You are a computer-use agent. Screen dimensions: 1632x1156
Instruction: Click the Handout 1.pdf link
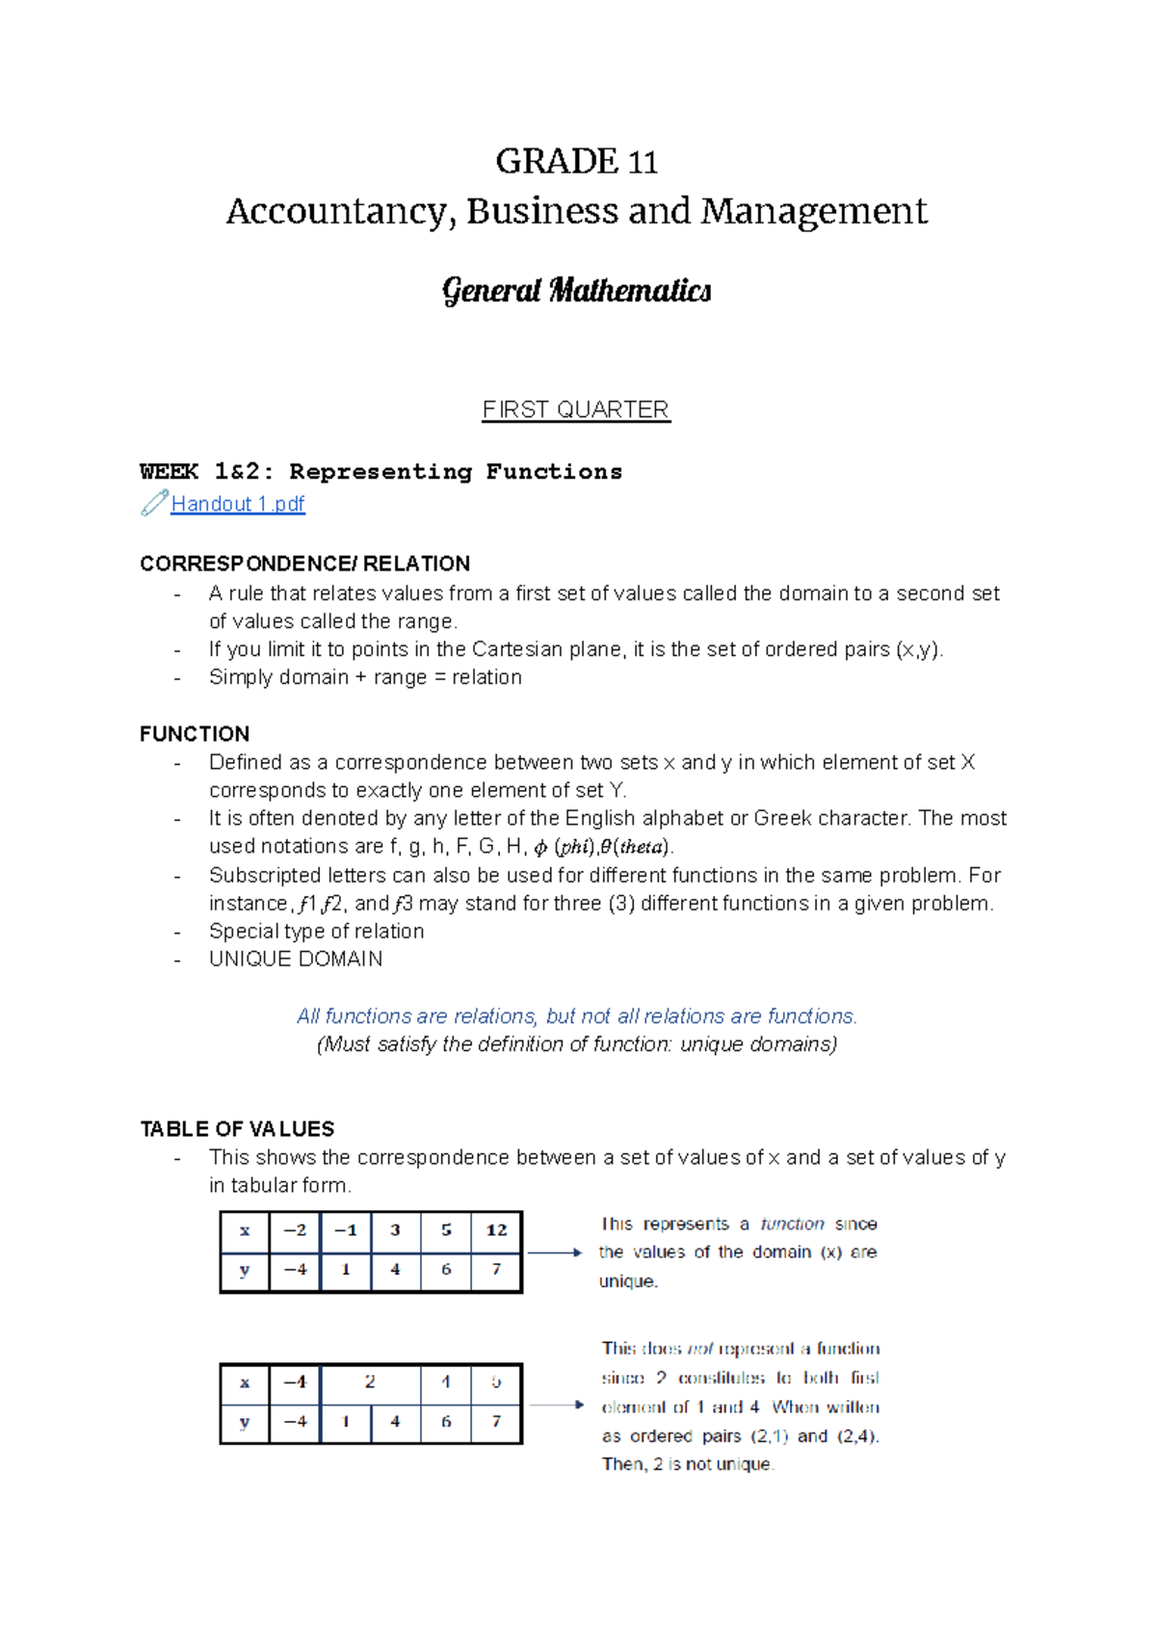[237, 504]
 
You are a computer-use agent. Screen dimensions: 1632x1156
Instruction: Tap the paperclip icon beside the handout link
[154, 503]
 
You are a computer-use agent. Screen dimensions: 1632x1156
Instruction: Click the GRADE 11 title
[576, 161]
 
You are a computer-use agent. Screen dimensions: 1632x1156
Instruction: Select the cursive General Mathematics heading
[576, 290]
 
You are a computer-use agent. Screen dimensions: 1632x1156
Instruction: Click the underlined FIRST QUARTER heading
[576, 409]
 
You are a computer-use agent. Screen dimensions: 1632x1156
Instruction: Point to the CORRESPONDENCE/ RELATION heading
[304, 564]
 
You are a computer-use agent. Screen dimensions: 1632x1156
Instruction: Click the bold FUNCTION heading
[195, 734]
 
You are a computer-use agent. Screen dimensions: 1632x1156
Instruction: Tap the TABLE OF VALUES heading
[237, 1129]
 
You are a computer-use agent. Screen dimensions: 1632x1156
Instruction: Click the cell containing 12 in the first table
[496, 1230]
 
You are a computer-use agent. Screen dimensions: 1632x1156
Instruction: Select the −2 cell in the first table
[295, 1230]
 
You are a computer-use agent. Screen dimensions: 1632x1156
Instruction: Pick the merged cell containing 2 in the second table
[370, 1382]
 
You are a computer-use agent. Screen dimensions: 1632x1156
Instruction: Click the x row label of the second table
[245, 1382]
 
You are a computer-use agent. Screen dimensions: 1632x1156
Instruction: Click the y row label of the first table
[245, 1270]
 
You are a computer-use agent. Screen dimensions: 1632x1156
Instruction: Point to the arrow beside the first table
[555, 1252]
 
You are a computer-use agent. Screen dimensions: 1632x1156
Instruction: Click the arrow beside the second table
[557, 1405]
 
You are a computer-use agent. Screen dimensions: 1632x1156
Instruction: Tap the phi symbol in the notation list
[540, 848]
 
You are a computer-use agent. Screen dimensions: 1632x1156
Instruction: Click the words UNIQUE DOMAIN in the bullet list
[296, 960]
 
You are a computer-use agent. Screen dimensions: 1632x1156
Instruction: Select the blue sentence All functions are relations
[576, 1016]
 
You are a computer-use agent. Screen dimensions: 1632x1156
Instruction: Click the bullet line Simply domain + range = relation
[365, 677]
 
